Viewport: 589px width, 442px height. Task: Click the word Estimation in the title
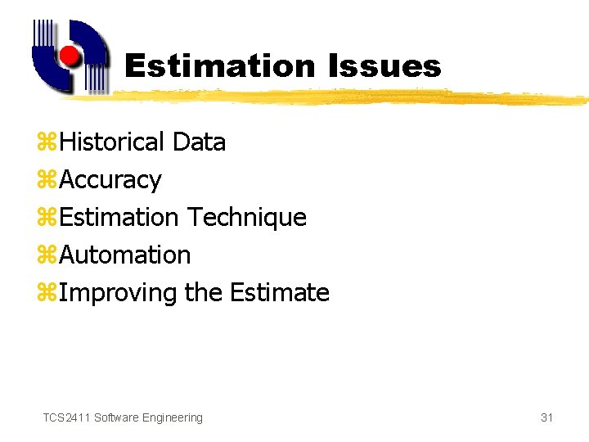tap(219, 65)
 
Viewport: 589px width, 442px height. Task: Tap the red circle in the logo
tap(70, 56)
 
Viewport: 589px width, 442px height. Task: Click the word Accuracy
tap(110, 180)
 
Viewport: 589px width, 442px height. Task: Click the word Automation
tap(124, 255)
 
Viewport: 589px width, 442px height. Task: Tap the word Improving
tap(118, 293)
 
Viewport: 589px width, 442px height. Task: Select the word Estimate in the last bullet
tap(280, 293)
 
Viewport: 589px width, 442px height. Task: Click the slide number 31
tap(546, 417)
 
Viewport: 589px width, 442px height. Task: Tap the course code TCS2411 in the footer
tap(66, 417)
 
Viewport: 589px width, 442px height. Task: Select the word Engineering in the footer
tap(172, 417)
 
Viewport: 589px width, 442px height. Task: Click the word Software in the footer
tap(116, 417)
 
